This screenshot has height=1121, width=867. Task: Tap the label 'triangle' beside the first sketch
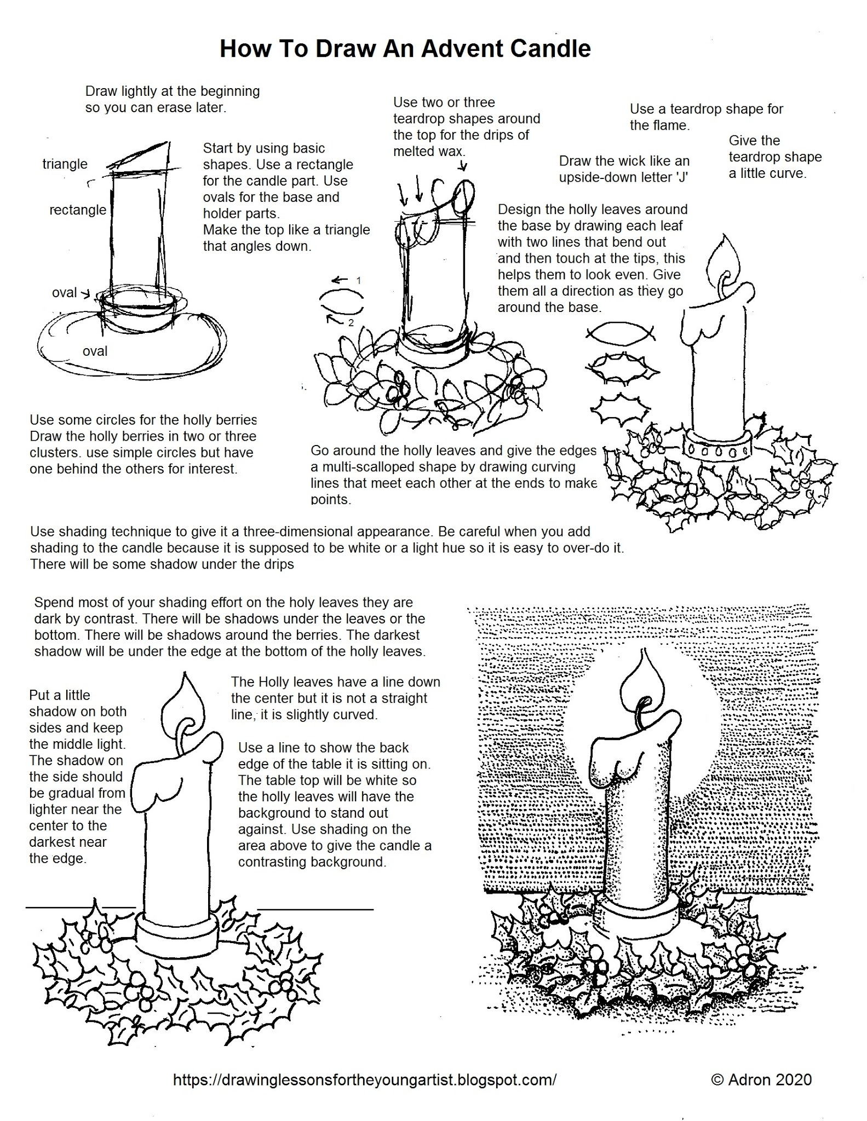click(65, 164)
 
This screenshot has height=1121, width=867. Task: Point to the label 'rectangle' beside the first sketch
click(78, 210)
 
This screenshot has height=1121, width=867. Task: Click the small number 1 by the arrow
click(359, 280)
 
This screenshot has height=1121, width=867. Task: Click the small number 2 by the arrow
click(351, 323)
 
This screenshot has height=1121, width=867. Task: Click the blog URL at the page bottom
click(365, 1079)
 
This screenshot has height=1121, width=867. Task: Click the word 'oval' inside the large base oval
click(95, 351)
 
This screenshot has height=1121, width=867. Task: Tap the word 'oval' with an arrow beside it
click(64, 293)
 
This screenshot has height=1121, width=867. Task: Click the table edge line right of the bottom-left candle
click(315, 910)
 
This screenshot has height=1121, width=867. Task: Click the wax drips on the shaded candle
click(619, 755)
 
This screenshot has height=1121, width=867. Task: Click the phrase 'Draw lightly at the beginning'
click(172, 91)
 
